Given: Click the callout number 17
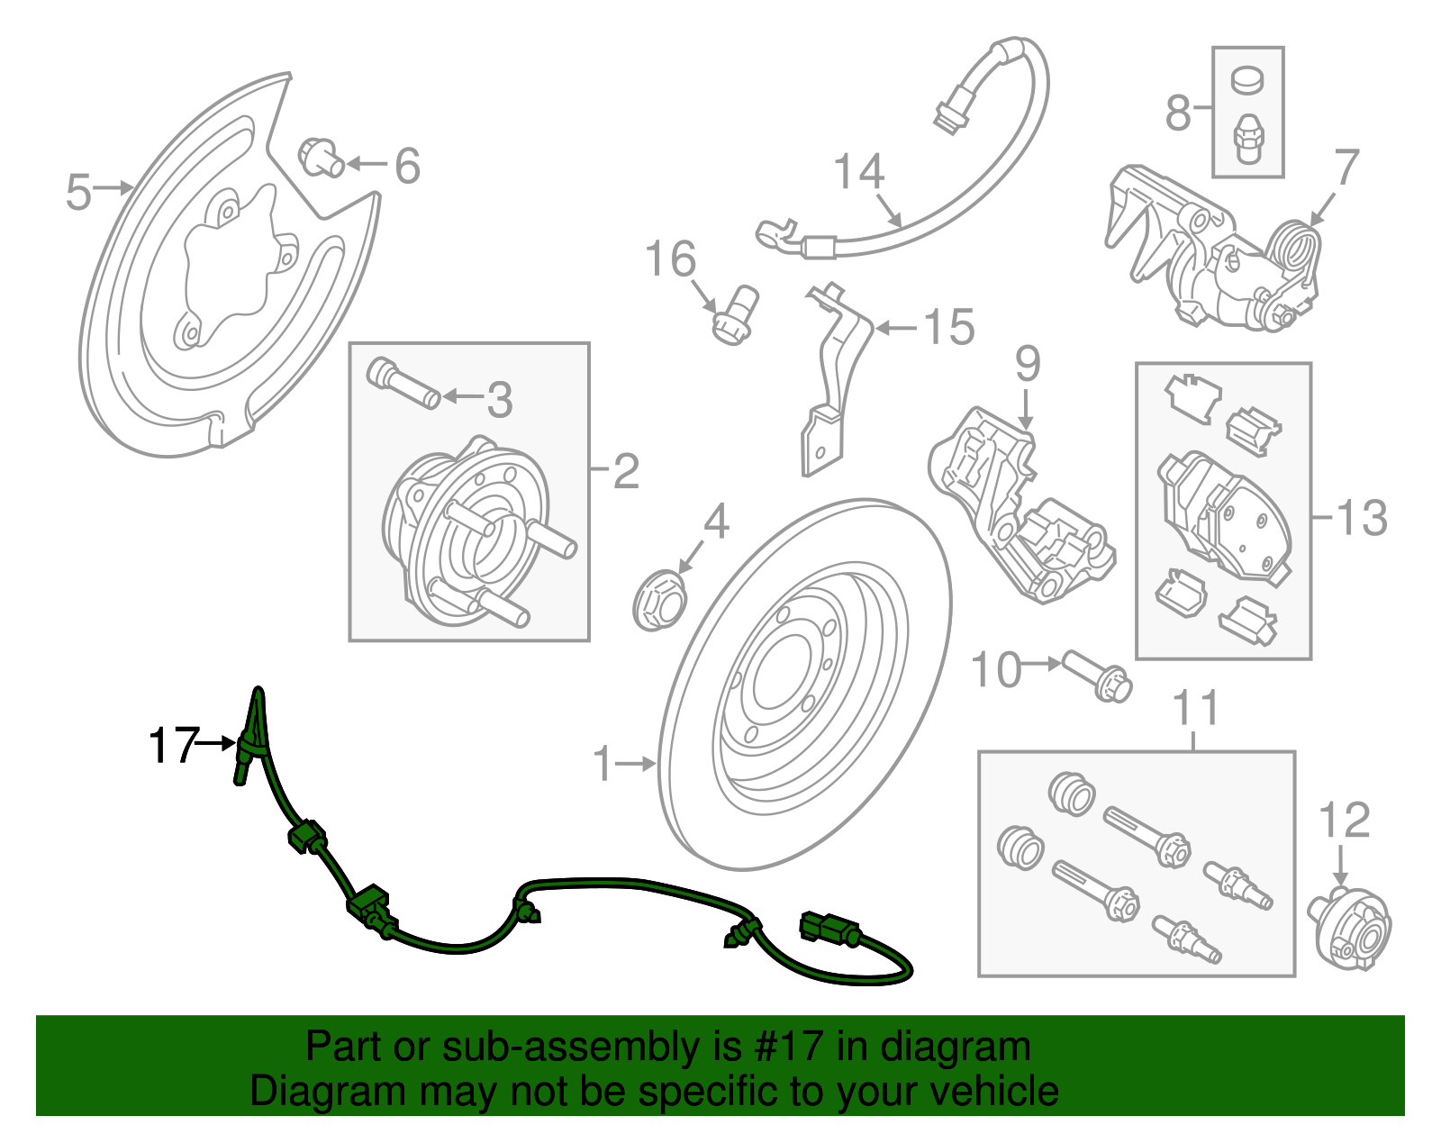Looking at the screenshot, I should pyautogui.click(x=173, y=746).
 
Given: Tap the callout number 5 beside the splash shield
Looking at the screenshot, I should pyautogui.click(x=79, y=192).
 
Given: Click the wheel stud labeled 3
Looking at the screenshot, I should pyautogui.click(x=403, y=384).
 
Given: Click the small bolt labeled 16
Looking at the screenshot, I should pyautogui.click(x=735, y=314).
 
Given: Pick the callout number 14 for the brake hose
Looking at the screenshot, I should pyautogui.click(x=859, y=171).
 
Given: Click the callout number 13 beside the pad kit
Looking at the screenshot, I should pyautogui.click(x=1362, y=518).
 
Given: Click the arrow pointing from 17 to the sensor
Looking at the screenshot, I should pyautogui.click(x=216, y=744).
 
